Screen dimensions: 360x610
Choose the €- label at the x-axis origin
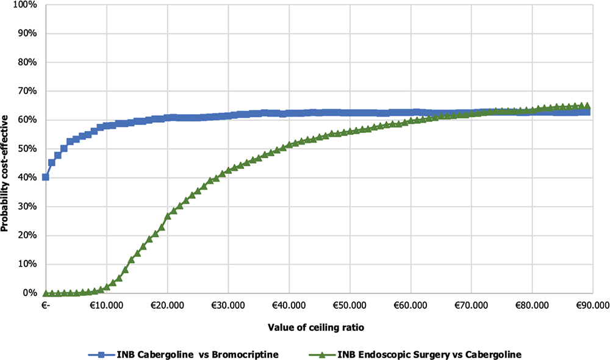[x=45, y=305]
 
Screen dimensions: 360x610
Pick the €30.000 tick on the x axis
[x=228, y=305]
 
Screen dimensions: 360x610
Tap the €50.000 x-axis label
[x=350, y=305]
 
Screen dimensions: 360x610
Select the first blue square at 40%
[x=46, y=177]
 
